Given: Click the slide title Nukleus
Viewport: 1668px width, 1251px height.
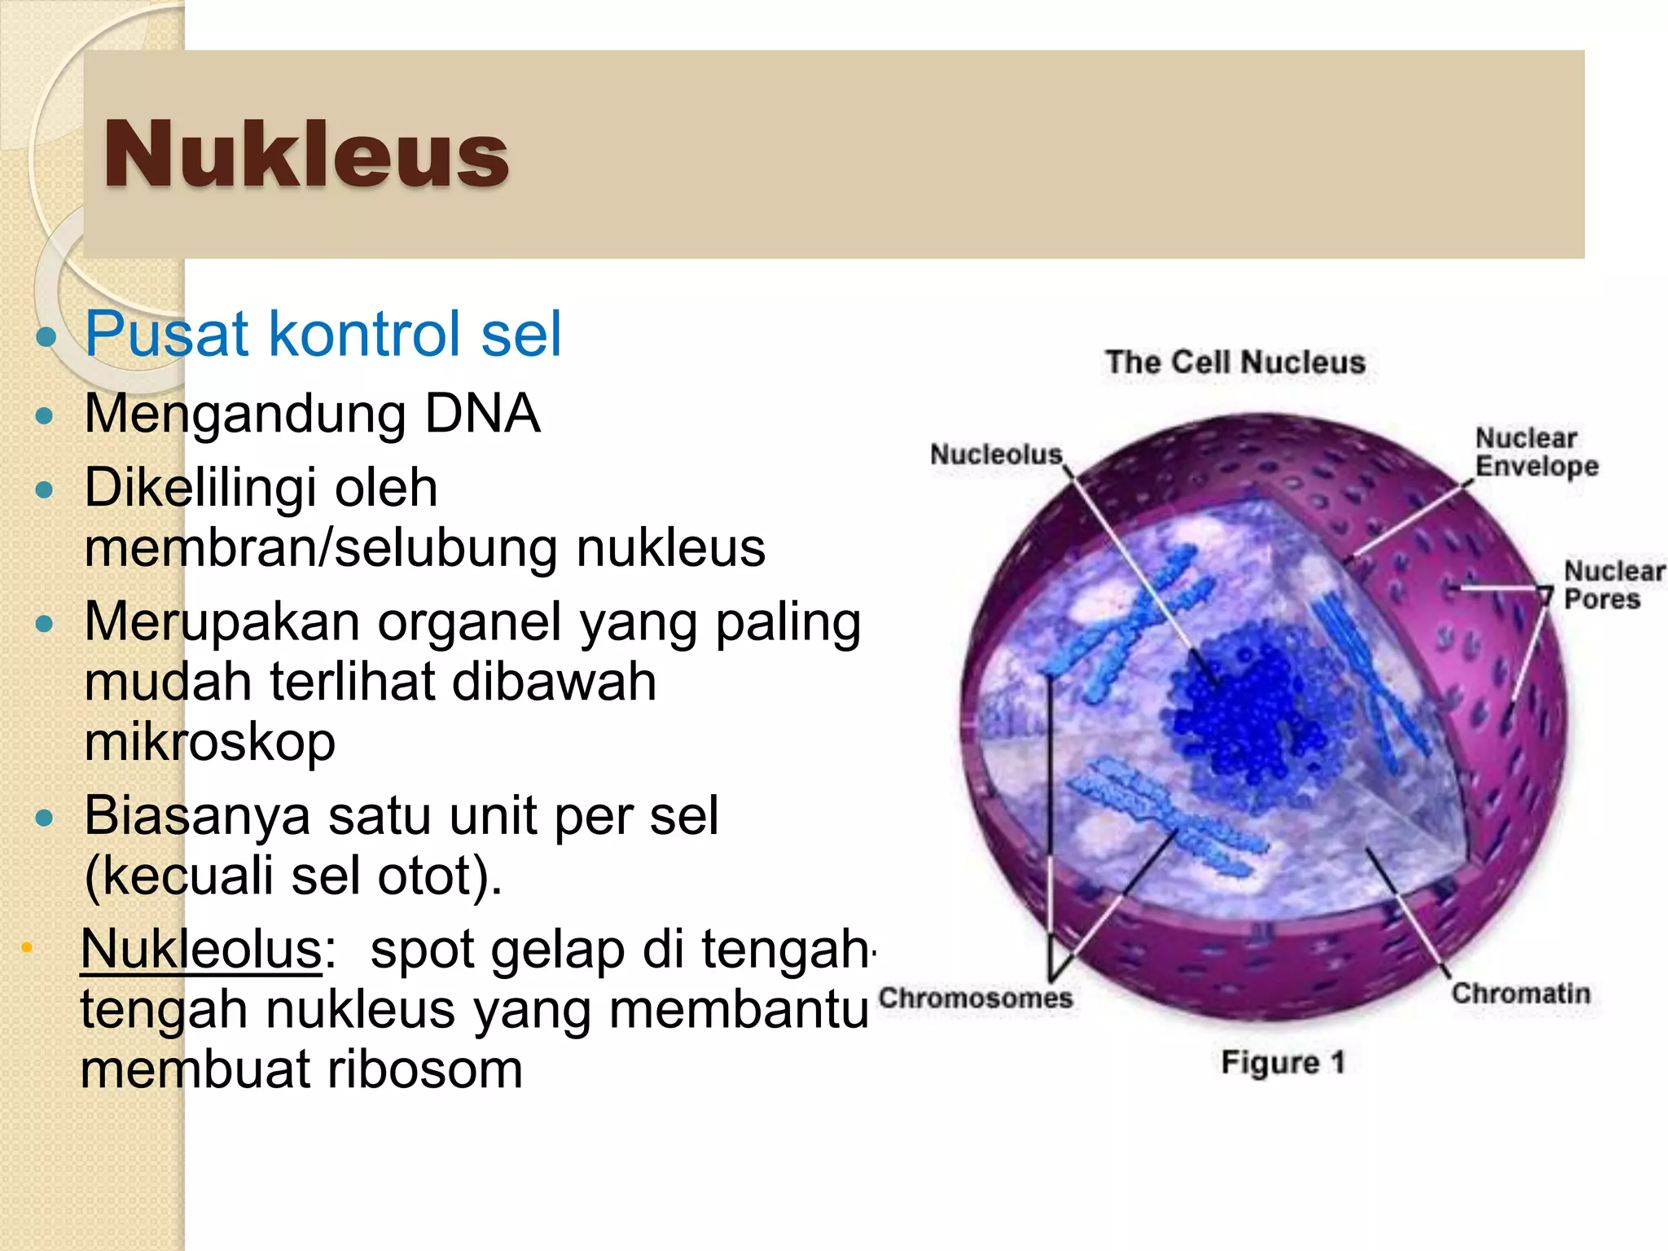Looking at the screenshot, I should click(x=305, y=155).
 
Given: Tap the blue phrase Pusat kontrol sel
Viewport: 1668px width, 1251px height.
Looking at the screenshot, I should click(x=323, y=334).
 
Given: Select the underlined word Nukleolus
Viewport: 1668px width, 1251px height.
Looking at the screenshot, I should click(x=201, y=950).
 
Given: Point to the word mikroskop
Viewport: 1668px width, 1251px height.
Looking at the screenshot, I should click(x=209, y=742).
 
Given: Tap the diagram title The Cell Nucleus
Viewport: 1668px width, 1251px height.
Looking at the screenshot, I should click(x=1235, y=362).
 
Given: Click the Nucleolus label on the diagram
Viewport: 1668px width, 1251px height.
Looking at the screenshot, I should click(x=996, y=454).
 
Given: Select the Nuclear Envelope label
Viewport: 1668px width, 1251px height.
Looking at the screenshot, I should click(x=1535, y=453).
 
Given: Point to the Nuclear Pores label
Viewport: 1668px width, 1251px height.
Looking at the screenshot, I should click(x=1612, y=586).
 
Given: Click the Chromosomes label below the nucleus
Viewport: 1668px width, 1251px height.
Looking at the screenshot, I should click(x=975, y=999).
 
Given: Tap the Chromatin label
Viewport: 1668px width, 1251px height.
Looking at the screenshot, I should click(x=1520, y=994).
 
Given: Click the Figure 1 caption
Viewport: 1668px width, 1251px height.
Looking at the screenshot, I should click(x=1282, y=1063).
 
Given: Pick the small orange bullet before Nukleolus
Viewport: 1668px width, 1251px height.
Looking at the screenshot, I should click(x=27, y=947).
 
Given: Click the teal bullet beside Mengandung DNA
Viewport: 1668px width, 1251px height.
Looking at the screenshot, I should click(x=45, y=417).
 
